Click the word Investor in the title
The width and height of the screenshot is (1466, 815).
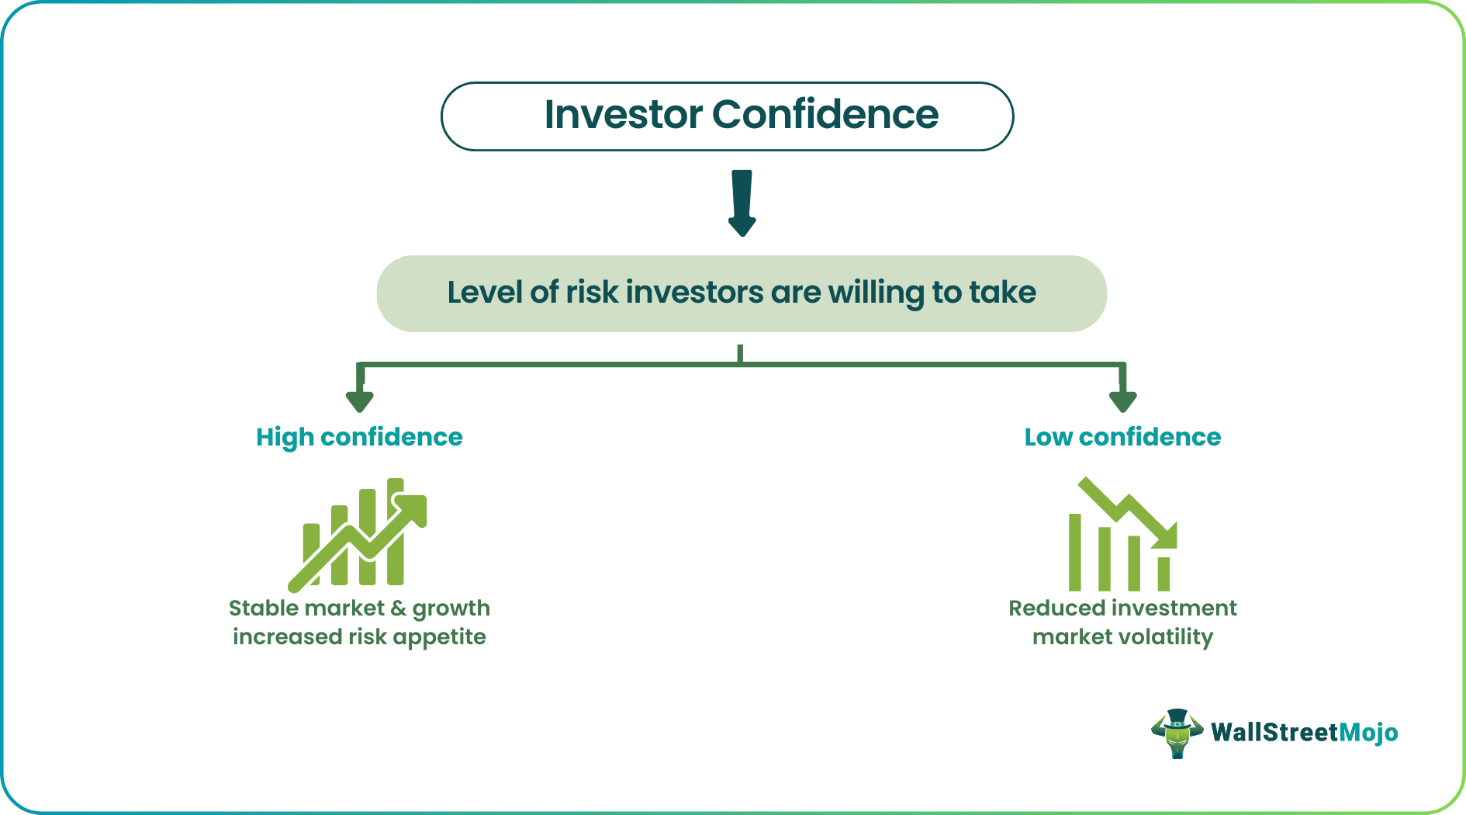pyautogui.click(x=623, y=115)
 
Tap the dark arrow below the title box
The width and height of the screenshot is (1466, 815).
pyautogui.click(x=742, y=203)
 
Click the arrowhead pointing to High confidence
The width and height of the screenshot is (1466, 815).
pyautogui.click(x=360, y=401)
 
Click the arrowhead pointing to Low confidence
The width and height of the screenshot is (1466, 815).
pyautogui.click(x=1122, y=401)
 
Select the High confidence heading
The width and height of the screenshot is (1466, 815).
pyautogui.click(x=359, y=437)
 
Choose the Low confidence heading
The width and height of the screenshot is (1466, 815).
pyautogui.click(x=1122, y=437)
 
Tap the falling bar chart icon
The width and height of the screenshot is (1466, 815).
pyautogui.click(x=1122, y=536)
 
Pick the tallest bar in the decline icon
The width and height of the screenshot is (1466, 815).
pyautogui.click(x=1075, y=552)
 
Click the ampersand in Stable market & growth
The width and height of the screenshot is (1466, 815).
pyautogui.click(x=399, y=608)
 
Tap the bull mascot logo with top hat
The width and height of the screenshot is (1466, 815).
pyautogui.click(x=1177, y=733)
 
